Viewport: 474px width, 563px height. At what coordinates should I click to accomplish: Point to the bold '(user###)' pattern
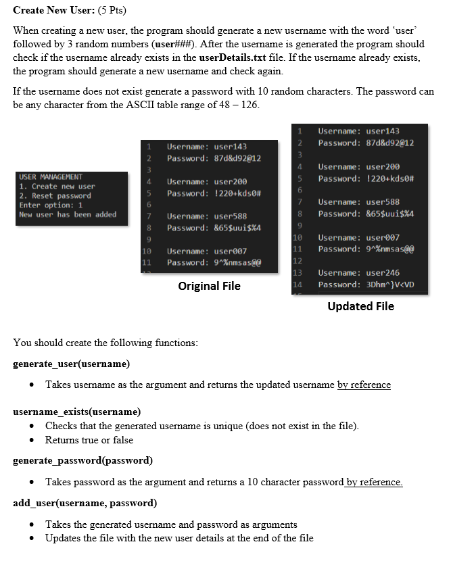pos(168,45)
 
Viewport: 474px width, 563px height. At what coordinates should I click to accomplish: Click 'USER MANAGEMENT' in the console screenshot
pos(51,177)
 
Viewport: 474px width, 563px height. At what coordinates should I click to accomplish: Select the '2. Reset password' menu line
pos(55,196)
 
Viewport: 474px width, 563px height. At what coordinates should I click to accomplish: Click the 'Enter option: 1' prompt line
pos(51,205)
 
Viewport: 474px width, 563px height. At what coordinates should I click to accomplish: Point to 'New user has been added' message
pos(68,215)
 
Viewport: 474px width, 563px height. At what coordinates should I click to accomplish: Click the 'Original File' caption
pos(209,286)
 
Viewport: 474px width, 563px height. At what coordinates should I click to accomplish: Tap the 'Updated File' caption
pos(360,306)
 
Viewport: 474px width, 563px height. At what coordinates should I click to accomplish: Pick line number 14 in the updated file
pos(298,285)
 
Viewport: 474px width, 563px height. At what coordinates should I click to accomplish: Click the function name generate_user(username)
pos(72,364)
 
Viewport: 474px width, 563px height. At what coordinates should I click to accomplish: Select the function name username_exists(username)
pos(77,411)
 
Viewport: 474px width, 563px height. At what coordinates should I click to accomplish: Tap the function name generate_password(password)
pos(82,460)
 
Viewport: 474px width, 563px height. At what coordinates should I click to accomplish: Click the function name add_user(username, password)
pos(85,503)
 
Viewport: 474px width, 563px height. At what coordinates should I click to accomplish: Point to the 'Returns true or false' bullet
pos(89,440)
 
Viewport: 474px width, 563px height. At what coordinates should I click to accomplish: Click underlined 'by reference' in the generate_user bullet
pos(364,385)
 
